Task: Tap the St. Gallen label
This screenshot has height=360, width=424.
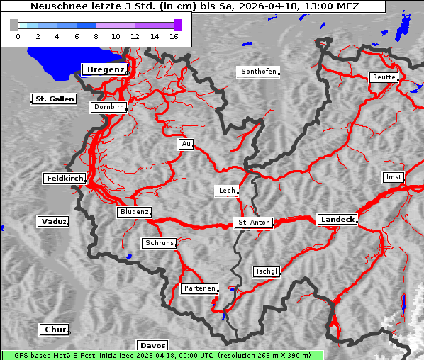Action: click(x=54, y=99)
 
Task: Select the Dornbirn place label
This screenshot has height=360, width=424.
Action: click(x=109, y=108)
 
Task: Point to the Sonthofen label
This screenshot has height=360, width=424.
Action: click(x=259, y=72)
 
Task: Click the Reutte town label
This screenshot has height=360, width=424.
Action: click(x=383, y=77)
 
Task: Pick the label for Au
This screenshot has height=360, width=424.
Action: click(x=186, y=144)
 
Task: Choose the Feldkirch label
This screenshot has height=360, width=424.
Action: click(x=65, y=179)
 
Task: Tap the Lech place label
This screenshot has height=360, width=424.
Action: click(x=226, y=191)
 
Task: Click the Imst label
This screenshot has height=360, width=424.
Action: click(x=392, y=176)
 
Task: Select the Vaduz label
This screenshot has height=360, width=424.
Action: click(x=53, y=222)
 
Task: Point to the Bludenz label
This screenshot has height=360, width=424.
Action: click(x=134, y=212)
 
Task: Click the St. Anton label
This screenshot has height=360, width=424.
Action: click(x=254, y=223)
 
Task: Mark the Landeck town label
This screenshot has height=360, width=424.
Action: click(x=337, y=220)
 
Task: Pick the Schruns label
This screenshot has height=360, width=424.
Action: click(x=159, y=243)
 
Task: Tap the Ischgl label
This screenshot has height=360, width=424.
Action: click(x=267, y=271)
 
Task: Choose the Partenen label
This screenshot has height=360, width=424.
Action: click(x=199, y=288)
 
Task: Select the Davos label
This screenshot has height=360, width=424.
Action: click(x=152, y=345)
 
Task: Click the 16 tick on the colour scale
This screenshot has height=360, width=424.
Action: click(x=174, y=35)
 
